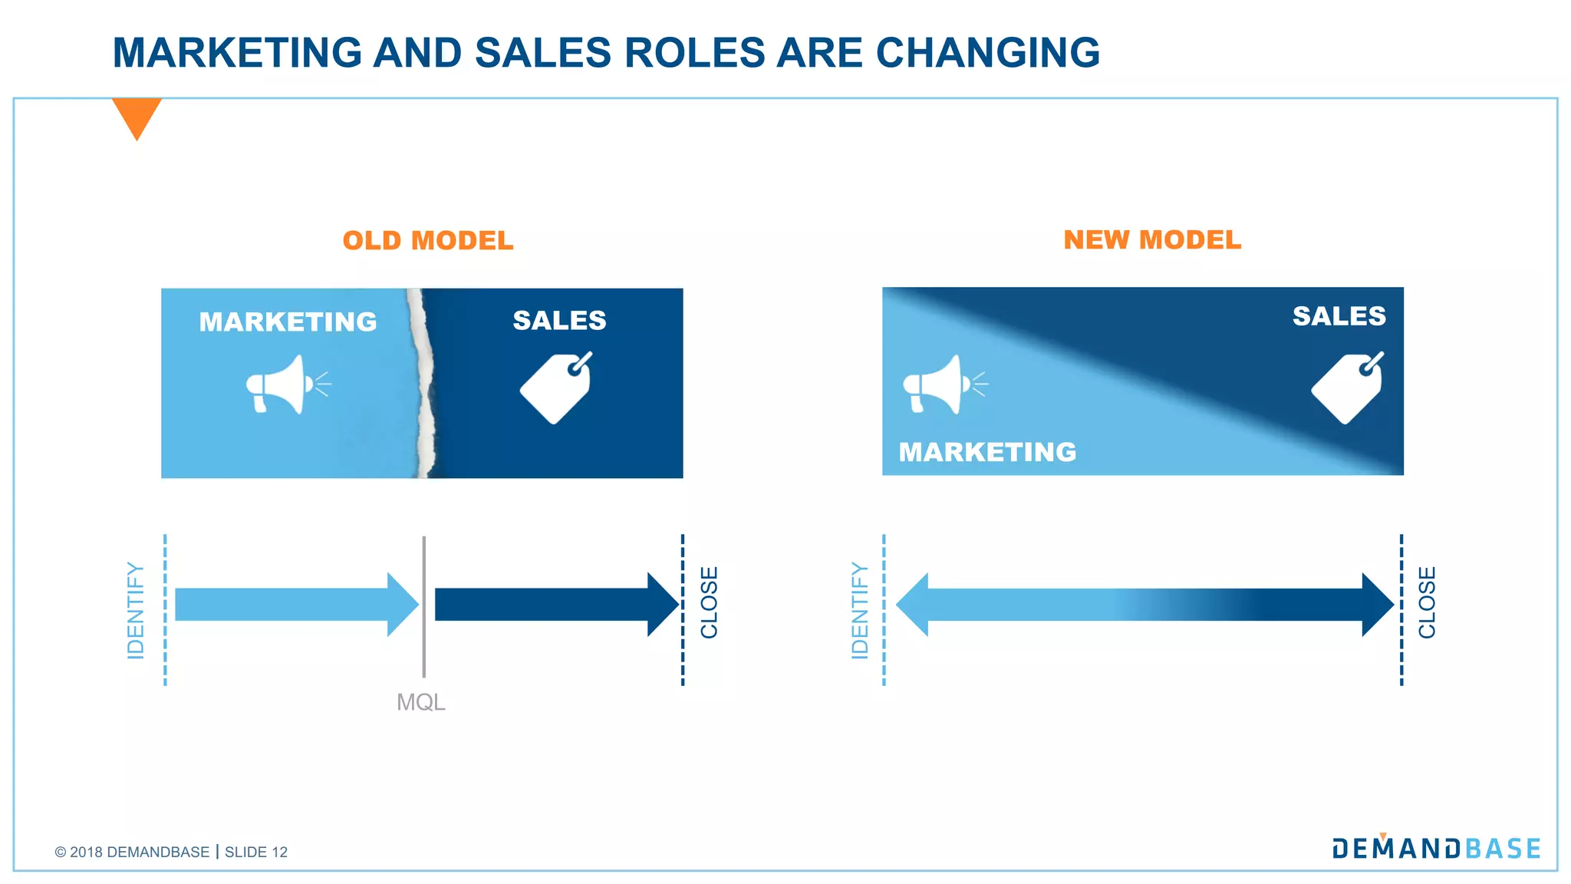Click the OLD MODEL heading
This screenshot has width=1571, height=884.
[x=428, y=241]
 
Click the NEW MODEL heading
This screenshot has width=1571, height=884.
[x=1152, y=240]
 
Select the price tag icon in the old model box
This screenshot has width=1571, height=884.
[x=557, y=388]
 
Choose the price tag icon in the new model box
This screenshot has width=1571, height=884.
[x=1348, y=388]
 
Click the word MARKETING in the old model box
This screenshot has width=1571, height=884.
[x=288, y=322]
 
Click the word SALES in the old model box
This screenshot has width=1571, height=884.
[x=559, y=320]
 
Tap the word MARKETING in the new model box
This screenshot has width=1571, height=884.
[x=987, y=452]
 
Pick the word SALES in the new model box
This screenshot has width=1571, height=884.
[x=1339, y=316]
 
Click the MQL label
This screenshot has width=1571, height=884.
[x=420, y=702]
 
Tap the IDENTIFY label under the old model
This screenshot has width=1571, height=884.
[x=136, y=611]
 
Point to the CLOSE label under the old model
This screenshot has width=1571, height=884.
[x=710, y=602]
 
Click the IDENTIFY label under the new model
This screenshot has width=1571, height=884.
[x=860, y=611]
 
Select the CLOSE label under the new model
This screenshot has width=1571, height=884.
[x=1427, y=602]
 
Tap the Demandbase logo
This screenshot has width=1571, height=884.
[x=1436, y=848]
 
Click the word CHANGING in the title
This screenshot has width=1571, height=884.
[x=987, y=53]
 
